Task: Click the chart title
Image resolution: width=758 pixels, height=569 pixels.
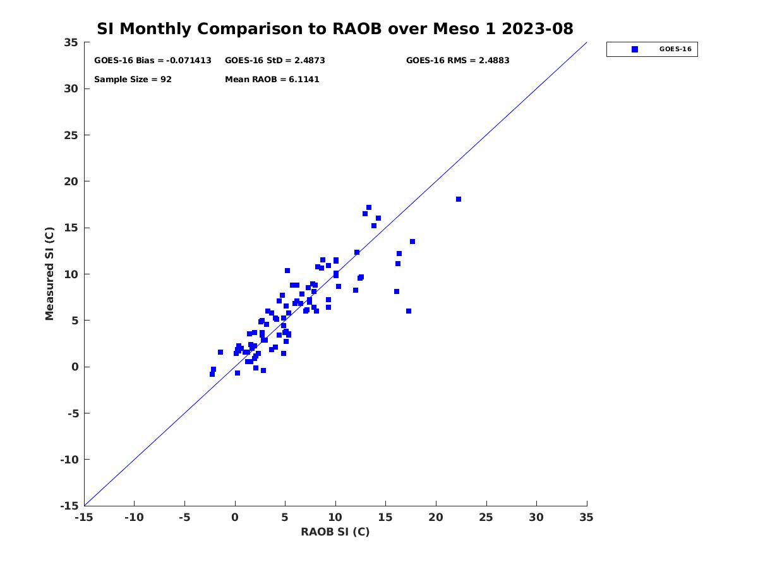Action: point(335,28)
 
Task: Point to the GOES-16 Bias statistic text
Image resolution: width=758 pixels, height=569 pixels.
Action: point(153,61)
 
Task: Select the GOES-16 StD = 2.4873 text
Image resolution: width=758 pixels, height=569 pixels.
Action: point(275,61)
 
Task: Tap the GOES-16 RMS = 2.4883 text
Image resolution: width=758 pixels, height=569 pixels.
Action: point(457,61)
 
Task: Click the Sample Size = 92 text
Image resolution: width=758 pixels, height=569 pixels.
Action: point(133,80)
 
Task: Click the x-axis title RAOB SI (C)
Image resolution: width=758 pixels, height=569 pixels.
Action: point(335,532)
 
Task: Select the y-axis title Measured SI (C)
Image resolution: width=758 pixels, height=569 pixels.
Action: point(50,274)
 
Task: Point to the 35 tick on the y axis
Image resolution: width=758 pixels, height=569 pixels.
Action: point(71,42)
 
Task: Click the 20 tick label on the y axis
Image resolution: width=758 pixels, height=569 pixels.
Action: point(71,181)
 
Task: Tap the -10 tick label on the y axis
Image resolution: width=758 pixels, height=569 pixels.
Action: point(68,460)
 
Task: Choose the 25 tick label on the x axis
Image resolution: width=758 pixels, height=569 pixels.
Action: point(486,517)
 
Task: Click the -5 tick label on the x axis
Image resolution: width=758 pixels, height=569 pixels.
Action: point(184,517)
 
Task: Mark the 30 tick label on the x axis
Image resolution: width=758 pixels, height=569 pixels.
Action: point(536,517)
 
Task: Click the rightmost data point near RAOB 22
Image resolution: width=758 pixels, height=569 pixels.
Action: point(459,199)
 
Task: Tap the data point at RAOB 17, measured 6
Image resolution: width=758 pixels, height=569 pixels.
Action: point(409,311)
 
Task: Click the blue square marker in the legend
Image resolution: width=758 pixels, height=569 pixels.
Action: point(635,49)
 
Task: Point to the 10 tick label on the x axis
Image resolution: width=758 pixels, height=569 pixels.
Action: point(335,517)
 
